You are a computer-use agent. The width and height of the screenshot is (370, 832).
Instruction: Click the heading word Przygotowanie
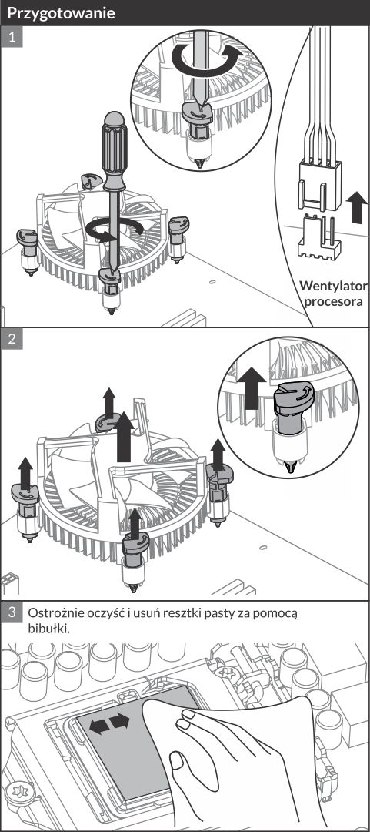tap(61, 13)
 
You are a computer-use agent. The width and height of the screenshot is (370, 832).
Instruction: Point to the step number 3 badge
tap(12, 612)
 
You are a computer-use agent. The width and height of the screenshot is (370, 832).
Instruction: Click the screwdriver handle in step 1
tap(115, 151)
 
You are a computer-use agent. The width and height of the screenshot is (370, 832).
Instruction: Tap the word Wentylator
tap(333, 286)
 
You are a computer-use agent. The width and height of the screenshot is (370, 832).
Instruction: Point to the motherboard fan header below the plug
tap(318, 238)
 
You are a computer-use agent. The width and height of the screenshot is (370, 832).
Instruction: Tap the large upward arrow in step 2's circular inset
tap(252, 390)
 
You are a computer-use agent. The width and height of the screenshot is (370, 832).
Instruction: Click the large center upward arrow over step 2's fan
tap(124, 437)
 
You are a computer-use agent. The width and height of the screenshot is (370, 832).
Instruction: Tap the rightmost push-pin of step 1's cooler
tap(178, 239)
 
